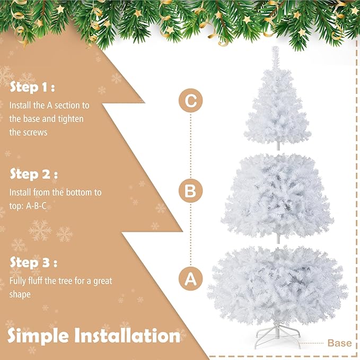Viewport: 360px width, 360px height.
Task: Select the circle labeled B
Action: (190, 190)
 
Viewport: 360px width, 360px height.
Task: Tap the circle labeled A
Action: (190, 278)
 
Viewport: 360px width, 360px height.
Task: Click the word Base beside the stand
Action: (339, 343)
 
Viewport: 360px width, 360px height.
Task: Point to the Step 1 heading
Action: (32, 87)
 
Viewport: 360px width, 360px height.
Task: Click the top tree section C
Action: (276, 106)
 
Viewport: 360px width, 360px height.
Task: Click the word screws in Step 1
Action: (35, 132)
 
